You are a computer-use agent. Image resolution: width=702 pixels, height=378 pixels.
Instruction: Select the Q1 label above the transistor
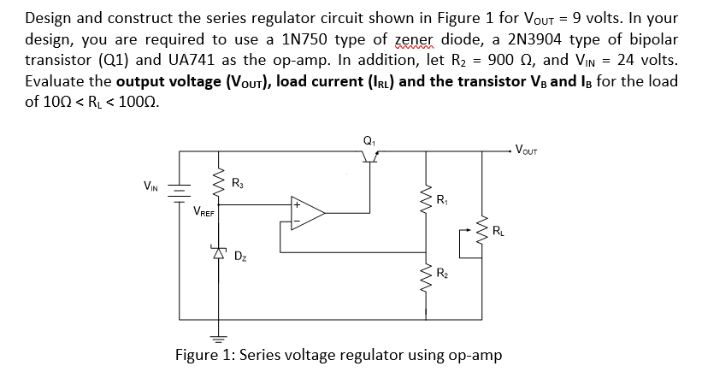tap(369, 139)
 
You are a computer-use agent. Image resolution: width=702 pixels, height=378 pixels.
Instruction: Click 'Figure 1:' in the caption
tap(206, 354)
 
